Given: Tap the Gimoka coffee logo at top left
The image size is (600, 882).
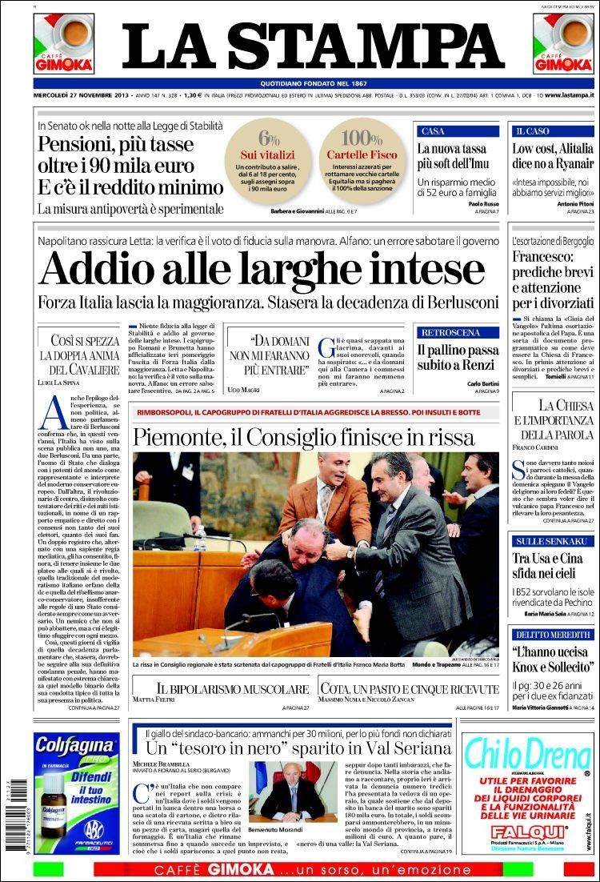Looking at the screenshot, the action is coord(63,43).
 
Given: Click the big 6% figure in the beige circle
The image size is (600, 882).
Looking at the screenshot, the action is coord(269,137).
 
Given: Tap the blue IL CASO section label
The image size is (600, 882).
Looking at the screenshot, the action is coord(531,130).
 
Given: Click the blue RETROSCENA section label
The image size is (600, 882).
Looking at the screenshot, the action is coord(450,331).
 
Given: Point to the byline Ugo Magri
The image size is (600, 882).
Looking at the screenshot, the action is coord(244,388).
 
